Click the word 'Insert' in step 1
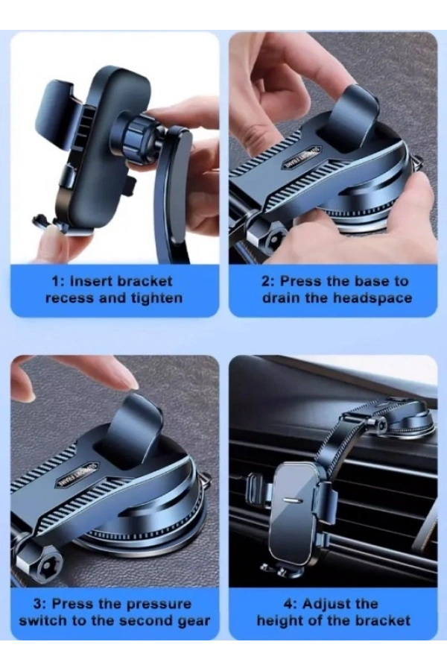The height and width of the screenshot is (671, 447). click(x=91, y=281)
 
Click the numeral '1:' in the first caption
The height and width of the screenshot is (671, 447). click(x=59, y=281)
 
